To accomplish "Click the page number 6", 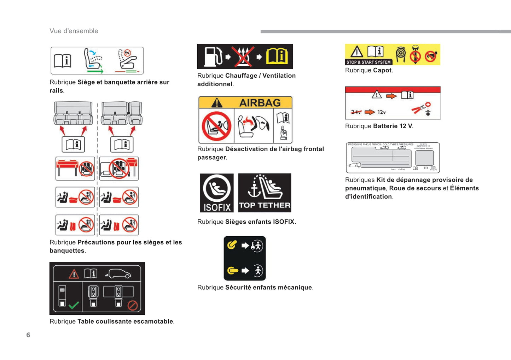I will tap(28, 335).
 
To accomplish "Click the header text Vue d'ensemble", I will tap(74, 31).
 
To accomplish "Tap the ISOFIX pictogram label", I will tap(217, 193).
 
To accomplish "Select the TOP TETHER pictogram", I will tap(265, 193).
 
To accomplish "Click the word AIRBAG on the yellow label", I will tap(260, 103).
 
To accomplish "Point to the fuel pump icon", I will tap(213, 57).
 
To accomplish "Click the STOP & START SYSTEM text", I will tap(368, 62).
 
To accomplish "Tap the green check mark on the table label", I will tap(74, 305).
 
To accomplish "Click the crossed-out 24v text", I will tap(356, 112).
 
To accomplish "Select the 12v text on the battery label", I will tap(382, 112).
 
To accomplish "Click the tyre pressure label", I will tap(393, 158).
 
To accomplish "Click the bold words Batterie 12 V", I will tap(393, 126).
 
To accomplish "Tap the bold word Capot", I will tap(382, 70).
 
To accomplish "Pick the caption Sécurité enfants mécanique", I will tap(268, 288).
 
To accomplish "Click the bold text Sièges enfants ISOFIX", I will tap(260, 222).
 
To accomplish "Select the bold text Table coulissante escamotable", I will tap(125, 321).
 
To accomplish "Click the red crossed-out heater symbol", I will tap(243, 57).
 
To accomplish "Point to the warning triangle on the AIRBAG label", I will tap(216, 103).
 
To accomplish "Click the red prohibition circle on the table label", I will tap(133, 305).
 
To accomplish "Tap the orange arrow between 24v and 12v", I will tap(370, 112).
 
